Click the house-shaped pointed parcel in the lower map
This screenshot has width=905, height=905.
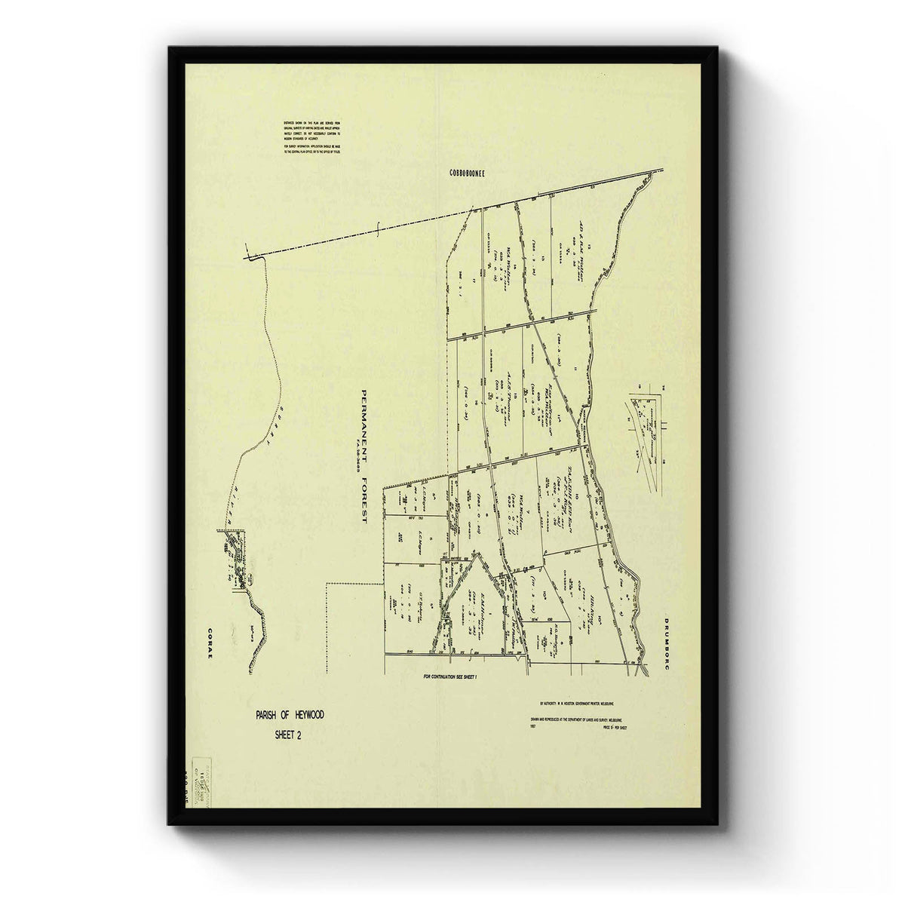pos(474,596)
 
